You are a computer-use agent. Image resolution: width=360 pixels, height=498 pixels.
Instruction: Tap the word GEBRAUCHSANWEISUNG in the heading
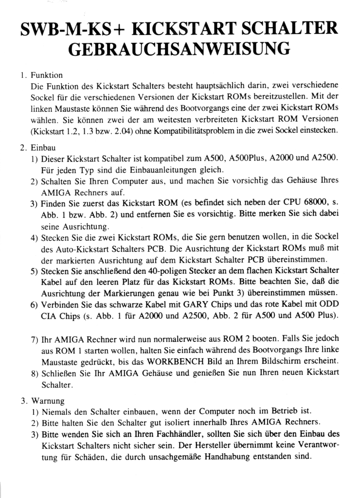[180, 50]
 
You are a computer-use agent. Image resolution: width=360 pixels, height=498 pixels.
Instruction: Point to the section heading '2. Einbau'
[39, 147]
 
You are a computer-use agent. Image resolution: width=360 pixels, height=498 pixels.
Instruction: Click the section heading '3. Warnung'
[42, 401]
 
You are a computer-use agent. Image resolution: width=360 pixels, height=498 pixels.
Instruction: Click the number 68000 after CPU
[306, 203]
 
